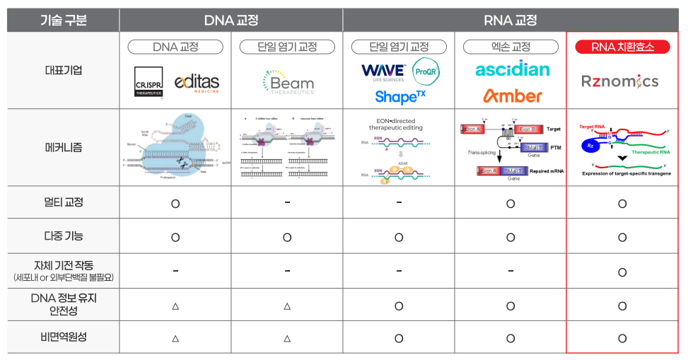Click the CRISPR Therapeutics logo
[x=148, y=81]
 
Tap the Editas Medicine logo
[x=197, y=81]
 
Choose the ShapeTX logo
[x=400, y=95]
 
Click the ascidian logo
[x=512, y=69]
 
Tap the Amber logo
[x=513, y=95]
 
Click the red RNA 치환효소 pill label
[x=622, y=47]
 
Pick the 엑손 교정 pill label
[x=511, y=47]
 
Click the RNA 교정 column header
[x=511, y=20]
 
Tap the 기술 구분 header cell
[x=63, y=20]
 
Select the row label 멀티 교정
[x=63, y=202]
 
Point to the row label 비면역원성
[x=63, y=337]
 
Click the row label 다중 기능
[x=63, y=236]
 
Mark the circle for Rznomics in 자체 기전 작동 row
[x=622, y=272]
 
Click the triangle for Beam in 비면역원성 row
[x=287, y=339]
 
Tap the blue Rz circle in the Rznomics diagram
[x=590, y=146]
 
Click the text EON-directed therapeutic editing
[x=400, y=123]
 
